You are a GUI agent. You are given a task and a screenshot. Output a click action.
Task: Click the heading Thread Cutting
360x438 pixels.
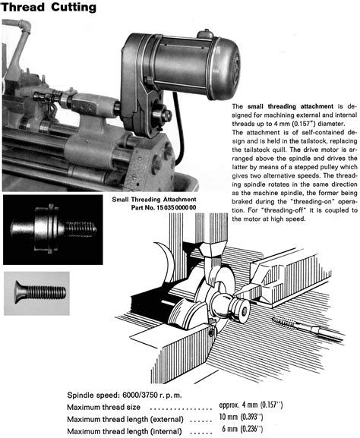[49, 8]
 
